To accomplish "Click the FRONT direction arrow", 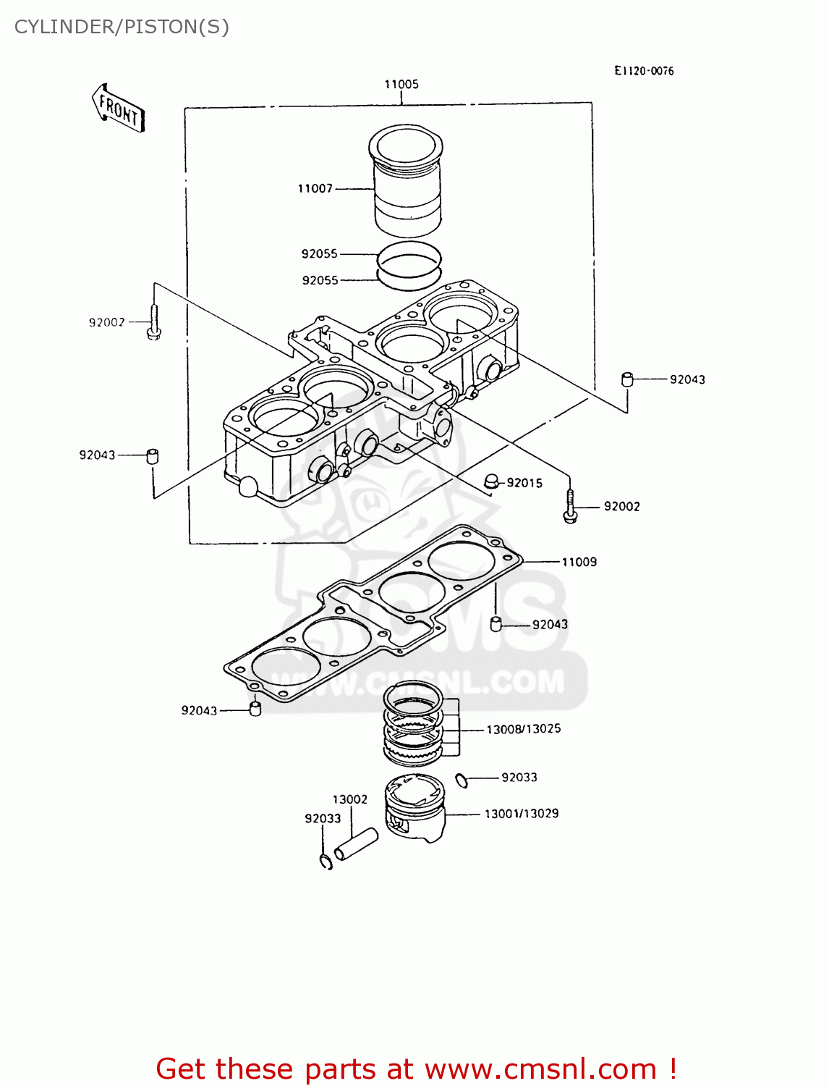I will (119, 109).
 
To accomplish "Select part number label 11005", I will (401, 84).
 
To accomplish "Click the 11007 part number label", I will (315, 188).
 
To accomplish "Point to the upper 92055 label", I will (320, 253).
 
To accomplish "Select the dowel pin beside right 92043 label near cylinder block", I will (627, 379).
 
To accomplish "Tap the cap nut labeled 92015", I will (491, 481).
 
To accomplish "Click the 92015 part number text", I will (524, 483).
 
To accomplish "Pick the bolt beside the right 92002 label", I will (570, 507).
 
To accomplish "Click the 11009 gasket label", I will (579, 562).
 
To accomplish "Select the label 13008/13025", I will (524, 729).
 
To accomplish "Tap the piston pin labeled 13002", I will (356, 843).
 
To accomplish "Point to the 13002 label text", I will (350, 799).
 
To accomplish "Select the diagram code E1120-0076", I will (644, 70).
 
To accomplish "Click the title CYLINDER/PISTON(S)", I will (122, 27).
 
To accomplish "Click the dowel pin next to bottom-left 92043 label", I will (255, 708).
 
